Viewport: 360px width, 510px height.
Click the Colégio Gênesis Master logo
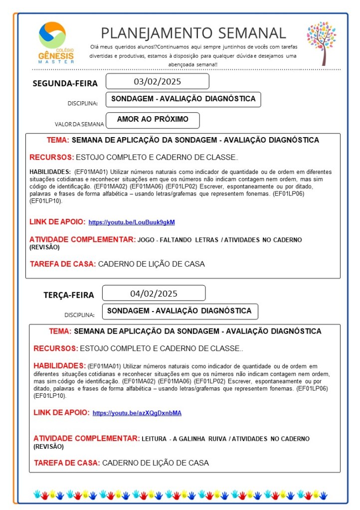[56, 42]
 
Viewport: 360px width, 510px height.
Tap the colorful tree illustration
[322, 43]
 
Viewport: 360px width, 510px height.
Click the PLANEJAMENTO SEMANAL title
[193, 33]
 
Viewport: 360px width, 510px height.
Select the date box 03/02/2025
[158, 81]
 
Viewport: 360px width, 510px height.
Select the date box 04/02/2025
[154, 293]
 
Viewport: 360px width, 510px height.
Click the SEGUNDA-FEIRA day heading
[65, 83]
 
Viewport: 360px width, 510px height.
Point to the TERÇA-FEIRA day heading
[68, 295]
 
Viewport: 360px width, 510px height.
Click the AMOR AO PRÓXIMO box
[153, 120]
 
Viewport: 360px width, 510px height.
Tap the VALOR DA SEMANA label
[79, 124]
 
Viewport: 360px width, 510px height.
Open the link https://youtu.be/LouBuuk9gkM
[132, 222]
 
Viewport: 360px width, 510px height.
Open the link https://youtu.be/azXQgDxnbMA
[137, 413]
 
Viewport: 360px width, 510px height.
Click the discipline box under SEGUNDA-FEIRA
[183, 99]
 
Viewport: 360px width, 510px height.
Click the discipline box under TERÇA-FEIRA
[180, 311]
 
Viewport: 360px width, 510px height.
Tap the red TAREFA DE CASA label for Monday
[63, 264]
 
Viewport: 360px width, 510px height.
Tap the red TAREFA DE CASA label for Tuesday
[67, 463]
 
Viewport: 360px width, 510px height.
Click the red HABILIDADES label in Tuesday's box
[59, 365]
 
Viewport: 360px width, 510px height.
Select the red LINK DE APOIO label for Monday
[57, 221]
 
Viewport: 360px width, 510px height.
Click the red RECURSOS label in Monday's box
[51, 158]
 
